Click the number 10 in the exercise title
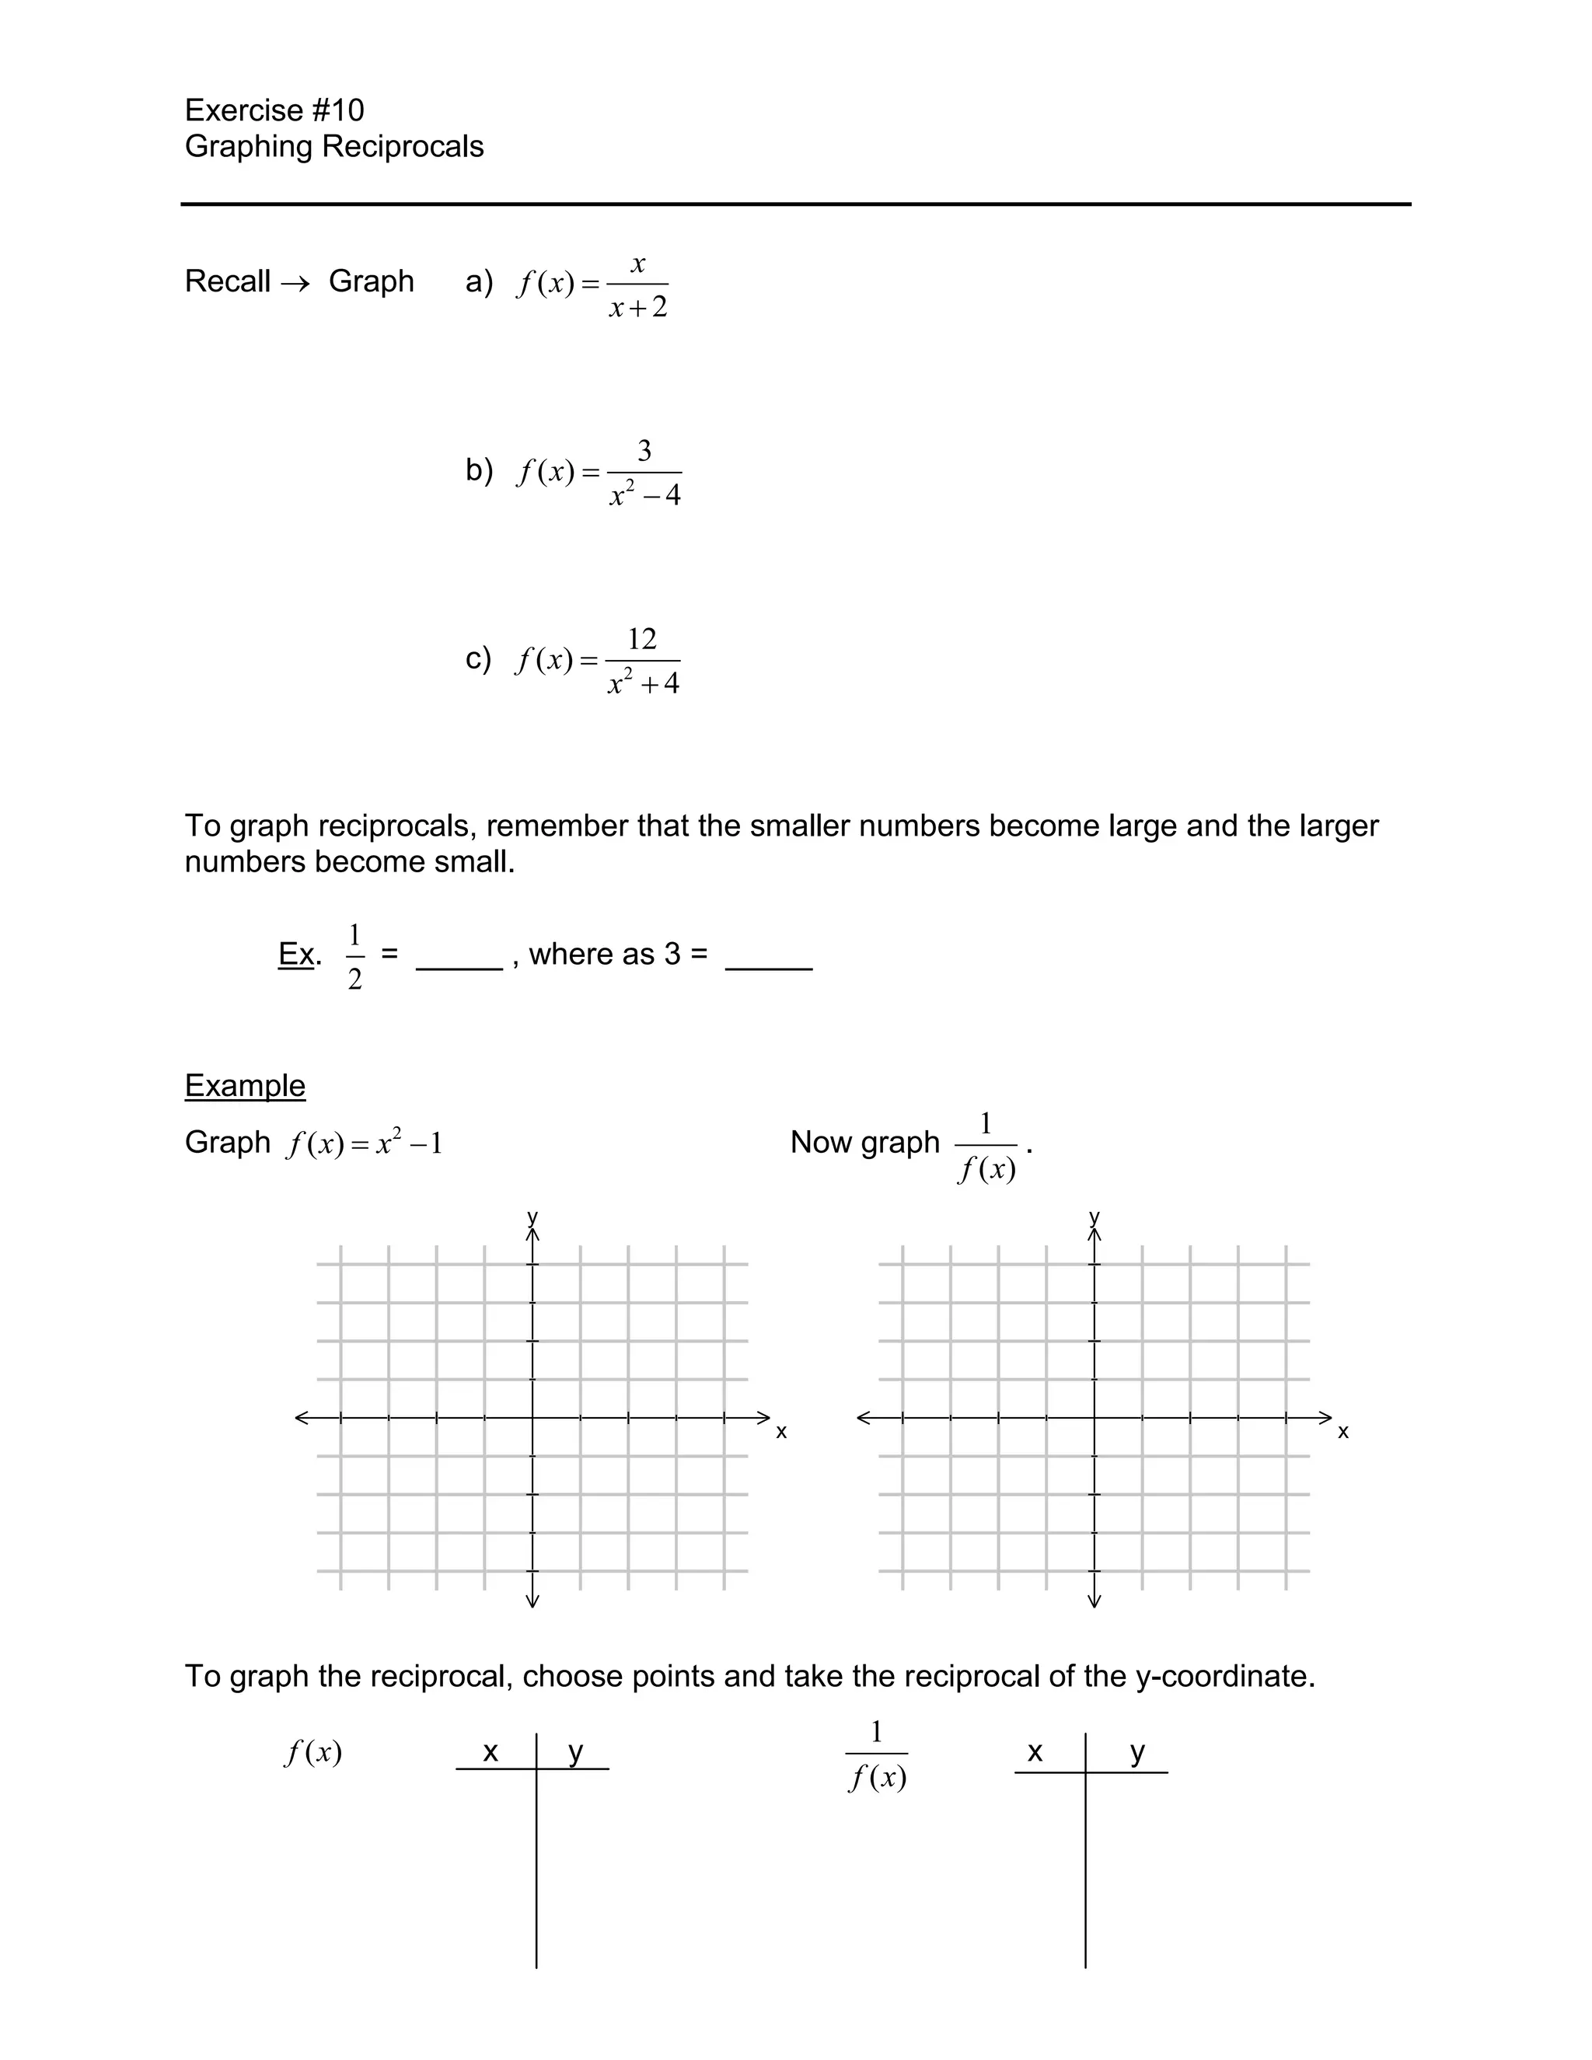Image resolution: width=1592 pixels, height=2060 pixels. point(346,110)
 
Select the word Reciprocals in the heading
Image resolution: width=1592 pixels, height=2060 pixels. point(403,146)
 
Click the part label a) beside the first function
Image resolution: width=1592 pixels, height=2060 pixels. point(479,281)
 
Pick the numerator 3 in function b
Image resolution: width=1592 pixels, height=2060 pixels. point(644,451)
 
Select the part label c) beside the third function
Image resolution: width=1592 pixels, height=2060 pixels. point(478,658)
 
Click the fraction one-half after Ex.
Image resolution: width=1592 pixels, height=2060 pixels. point(354,956)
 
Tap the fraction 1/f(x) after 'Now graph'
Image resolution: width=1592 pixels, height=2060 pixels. point(986,1147)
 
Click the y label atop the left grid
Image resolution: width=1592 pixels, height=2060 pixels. point(532,1216)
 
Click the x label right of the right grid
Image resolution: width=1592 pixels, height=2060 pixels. point(1343,1432)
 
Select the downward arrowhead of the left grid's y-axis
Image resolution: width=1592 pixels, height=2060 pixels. point(532,1600)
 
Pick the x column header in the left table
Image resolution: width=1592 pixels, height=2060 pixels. point(491,1751)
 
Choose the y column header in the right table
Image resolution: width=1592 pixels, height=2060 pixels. point(1137,1751)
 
